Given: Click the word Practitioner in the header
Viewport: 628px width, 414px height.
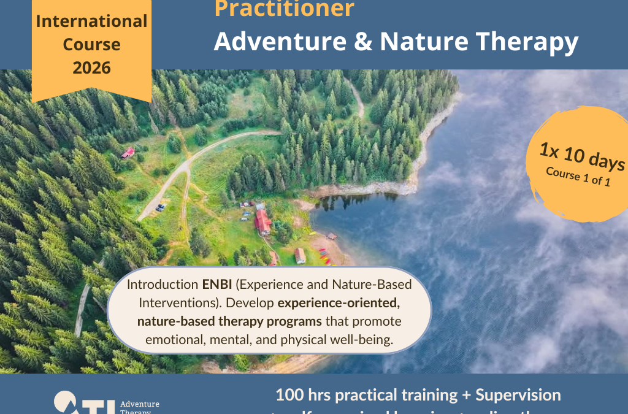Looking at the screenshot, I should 283,9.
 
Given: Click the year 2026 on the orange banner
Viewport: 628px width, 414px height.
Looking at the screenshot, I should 91,68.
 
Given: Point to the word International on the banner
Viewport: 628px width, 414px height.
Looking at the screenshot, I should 91,21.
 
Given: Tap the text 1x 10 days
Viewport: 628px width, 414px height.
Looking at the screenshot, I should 583,157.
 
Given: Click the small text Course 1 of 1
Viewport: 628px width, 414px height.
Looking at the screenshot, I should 578,177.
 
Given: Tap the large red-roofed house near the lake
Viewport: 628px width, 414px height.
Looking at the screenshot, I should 263,221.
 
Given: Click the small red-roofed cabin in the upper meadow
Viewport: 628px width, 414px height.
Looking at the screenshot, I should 128,153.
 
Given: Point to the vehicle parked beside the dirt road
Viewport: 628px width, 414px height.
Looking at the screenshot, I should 161,207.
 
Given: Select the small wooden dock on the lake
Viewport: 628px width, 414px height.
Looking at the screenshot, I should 331,236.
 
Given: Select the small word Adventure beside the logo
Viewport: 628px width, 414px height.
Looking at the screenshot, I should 140,404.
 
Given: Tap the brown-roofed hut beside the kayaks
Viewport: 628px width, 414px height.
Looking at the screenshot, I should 300,255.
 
